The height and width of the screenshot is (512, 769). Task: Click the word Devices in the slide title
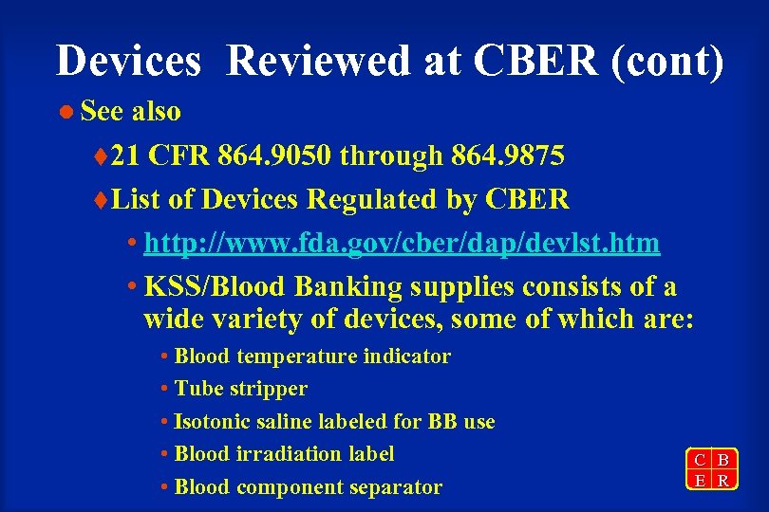tap(128, 62)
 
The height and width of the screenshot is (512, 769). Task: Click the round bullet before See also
tap(66, 112)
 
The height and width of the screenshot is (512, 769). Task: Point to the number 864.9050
tap(277, 155)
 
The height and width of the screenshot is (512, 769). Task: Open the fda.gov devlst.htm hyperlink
tap(401, 243)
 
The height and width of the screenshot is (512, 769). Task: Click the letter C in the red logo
tap(700, 461)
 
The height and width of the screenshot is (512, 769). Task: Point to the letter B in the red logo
tap(723, 461)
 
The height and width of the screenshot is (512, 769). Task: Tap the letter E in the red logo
tap(700, 481)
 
